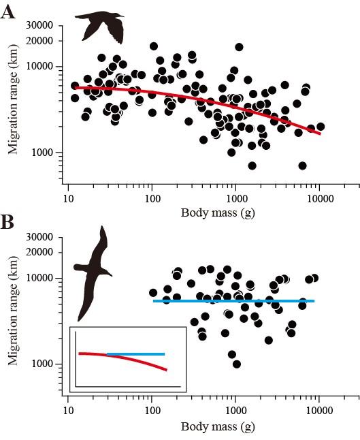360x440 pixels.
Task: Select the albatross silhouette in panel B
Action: [x=92, y=271]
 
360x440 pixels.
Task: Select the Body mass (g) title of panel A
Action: [x=217, y=212]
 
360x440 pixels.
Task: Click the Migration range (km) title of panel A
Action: [x=12, y=105]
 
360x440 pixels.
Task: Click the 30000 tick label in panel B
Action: [x=41, y=238]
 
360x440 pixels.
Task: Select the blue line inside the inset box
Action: [x=136, y=354]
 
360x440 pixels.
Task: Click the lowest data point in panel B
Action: [x=236, y=364]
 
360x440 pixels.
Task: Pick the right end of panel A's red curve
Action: [x=319, y=133]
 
